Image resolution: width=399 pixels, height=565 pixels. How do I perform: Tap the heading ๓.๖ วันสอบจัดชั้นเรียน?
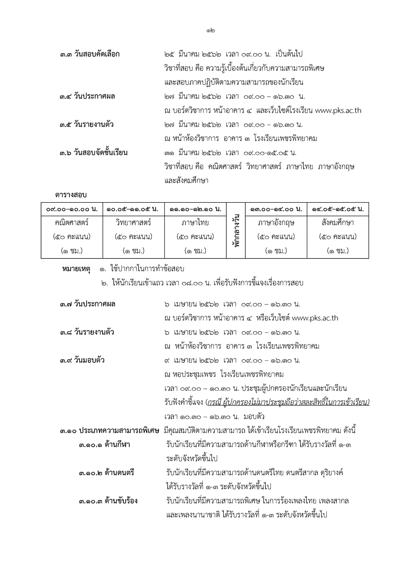click(x=94, y=153)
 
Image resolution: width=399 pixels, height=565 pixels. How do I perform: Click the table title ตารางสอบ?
click(x=71, y=195)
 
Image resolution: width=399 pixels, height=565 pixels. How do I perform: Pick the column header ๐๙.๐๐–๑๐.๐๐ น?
click(x=72, y=209)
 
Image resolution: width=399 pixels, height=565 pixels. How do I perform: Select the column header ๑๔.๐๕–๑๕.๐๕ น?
click(x=338, y=209)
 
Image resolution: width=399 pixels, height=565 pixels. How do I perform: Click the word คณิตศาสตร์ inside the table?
click(x=72, y=223)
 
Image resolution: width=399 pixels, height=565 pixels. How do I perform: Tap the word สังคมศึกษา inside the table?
click(x=338, y=223)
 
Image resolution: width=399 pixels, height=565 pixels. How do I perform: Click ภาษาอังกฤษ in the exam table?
click(x=276, y=223)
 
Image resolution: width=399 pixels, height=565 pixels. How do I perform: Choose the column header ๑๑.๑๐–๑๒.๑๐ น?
click(x=195, y=209)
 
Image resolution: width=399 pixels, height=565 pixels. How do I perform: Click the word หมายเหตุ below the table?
click(x=76, y=269)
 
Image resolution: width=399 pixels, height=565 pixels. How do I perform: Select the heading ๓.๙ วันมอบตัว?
click(x=82, y=360)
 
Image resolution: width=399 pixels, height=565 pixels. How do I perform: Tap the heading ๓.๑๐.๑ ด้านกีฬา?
click(x=105, y=444)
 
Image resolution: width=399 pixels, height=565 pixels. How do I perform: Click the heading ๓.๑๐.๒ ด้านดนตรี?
click(x=106, y=473)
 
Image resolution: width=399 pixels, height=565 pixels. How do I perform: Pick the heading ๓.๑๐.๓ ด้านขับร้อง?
click(x=108, y=501)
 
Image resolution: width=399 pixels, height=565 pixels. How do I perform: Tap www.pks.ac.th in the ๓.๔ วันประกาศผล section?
click(x=338, y=111)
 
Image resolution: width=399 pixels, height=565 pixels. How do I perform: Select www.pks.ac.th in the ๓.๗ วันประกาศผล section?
click(x=315, y=318)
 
